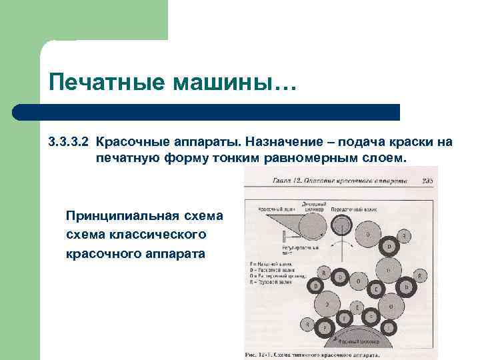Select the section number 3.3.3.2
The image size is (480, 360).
tap(69, 141)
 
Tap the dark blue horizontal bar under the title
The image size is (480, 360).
tap(207, 112)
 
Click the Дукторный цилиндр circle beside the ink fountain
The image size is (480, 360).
tap(313, 225)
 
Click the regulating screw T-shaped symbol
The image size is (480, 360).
tap(288, 236)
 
